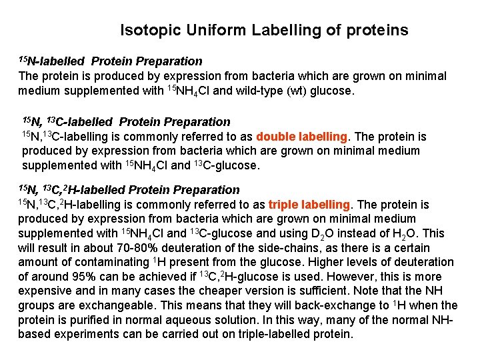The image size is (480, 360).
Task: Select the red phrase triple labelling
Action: (x=309, y=205)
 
